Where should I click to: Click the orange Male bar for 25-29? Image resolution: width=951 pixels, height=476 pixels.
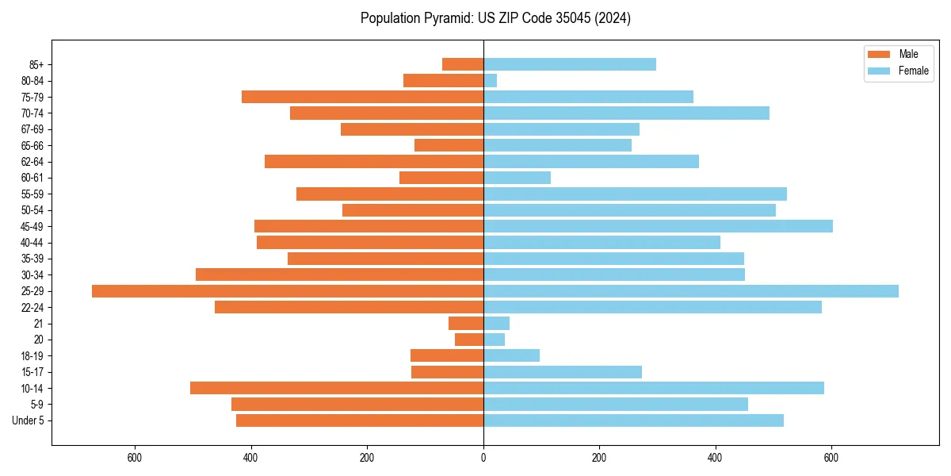point(288,291)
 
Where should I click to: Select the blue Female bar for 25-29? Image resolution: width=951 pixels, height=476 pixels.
point(691,291)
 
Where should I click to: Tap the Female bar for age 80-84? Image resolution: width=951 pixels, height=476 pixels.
point(491,80)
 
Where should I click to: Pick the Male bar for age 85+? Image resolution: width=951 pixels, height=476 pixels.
point(463,64)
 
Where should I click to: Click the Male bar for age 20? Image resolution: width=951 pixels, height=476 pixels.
point(469,340)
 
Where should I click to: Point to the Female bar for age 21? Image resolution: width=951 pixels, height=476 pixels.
point(497,323)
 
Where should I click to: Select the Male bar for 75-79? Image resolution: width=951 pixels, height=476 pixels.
point(363,97)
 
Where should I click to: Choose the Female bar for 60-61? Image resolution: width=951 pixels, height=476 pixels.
point(518,178)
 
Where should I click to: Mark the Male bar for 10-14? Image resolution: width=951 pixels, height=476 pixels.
point(337,388)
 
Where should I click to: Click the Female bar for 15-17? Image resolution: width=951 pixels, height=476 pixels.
point(563,372)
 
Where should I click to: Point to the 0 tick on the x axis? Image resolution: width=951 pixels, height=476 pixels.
point(483,458)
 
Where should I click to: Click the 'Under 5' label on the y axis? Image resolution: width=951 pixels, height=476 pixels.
point(29,420)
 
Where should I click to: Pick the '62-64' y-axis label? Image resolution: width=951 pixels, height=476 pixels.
point(32,162)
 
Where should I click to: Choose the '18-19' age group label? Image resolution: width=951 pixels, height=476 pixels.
point(32,355)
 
